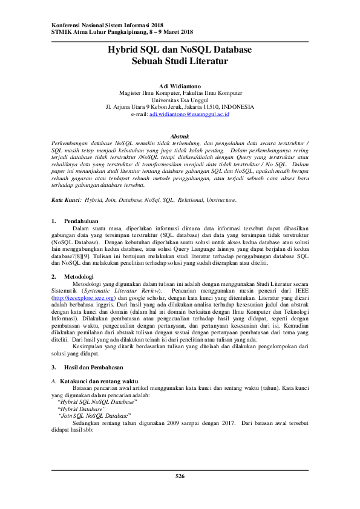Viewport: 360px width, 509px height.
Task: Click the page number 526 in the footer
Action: tap(180, 477)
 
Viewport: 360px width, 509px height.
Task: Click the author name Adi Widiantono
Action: tap(180, 86)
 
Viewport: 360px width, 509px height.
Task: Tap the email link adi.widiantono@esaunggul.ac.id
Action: tap(189, 114)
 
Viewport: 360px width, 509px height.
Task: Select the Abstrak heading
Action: tap(180, 138)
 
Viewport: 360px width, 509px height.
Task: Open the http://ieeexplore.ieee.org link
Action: tap(83, 298)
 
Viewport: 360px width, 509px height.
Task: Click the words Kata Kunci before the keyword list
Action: tap(66, 199)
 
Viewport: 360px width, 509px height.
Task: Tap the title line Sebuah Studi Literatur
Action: tap(180, 61)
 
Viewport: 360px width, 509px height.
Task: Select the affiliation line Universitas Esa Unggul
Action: tap(180, 100)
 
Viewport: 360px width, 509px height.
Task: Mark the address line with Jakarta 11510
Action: tap(180, 107)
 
